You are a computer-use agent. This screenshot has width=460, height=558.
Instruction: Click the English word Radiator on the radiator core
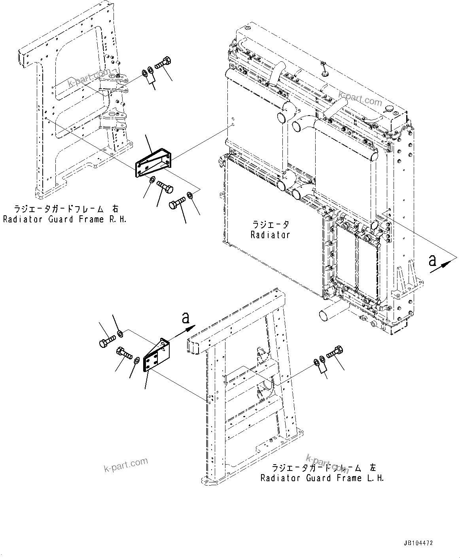pyautogui.click(x=270, y=235)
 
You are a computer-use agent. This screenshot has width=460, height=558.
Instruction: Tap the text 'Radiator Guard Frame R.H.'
pyautogui.click(x=65, y=219)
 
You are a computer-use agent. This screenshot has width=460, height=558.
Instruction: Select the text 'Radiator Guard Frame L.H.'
pyautogui.click(x=322, y=478)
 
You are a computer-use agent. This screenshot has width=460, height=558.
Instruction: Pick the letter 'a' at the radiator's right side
pyautogui.click(x=432, y=260)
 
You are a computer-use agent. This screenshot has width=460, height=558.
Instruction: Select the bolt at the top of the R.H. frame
pyautogui.click(x=163, y=63)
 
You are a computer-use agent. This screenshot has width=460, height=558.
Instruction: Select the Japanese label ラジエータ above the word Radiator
pyautogui.click(x=271, y=225)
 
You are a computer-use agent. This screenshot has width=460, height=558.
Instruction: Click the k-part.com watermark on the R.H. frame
pyautogui.click(x=84, y=78)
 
